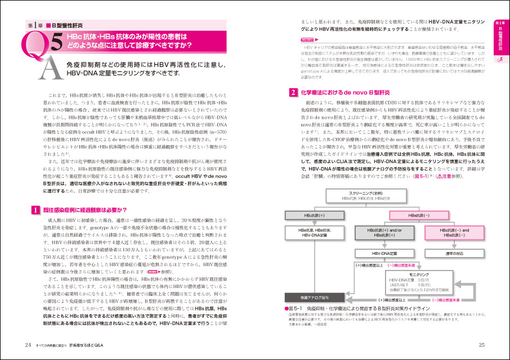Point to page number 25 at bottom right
(481, 345)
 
